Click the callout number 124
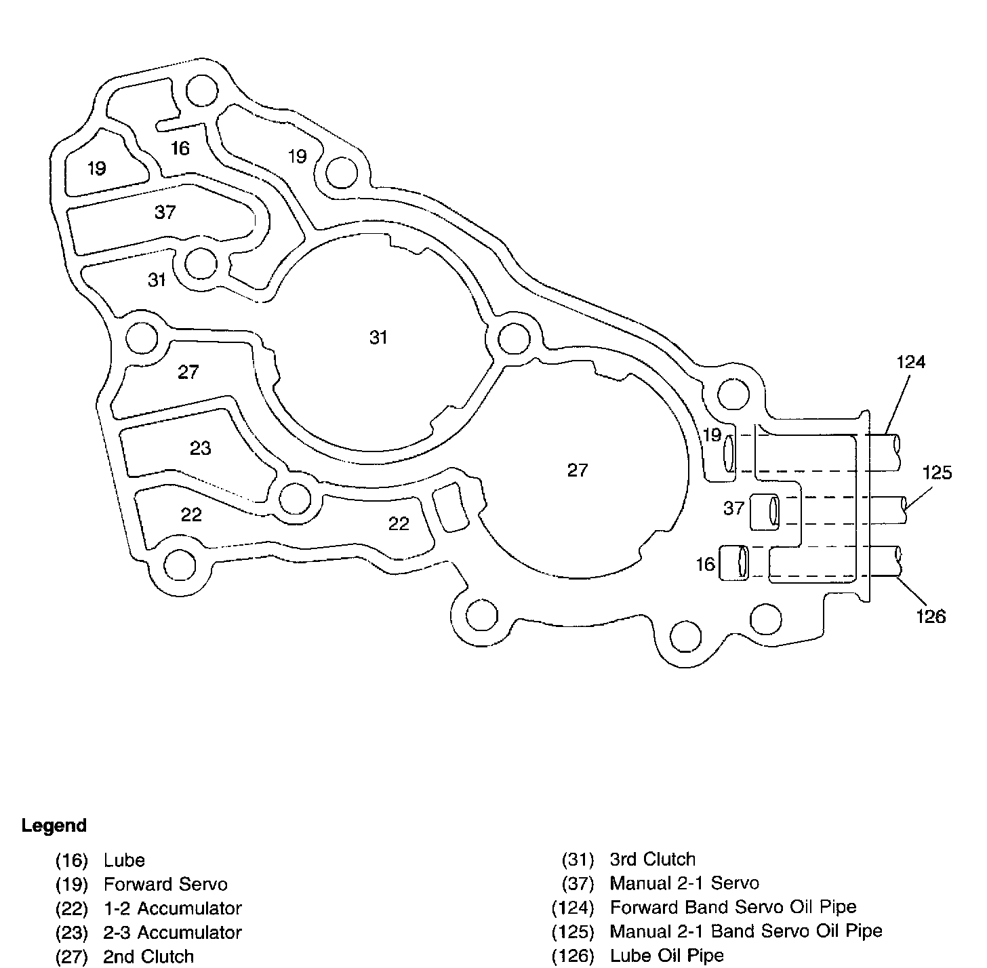910,363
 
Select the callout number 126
931,616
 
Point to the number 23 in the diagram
200,448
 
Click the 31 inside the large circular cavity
378,337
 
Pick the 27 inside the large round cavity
578,470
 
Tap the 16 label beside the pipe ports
706,564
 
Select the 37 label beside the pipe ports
733,508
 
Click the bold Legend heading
54,826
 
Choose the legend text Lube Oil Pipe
666,956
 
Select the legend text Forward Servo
165,884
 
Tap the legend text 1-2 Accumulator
172,908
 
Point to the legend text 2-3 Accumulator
172,933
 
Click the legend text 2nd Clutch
148,956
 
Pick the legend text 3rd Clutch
652,860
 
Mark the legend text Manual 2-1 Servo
684,883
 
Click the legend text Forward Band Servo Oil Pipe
733,907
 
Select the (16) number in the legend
72,860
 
